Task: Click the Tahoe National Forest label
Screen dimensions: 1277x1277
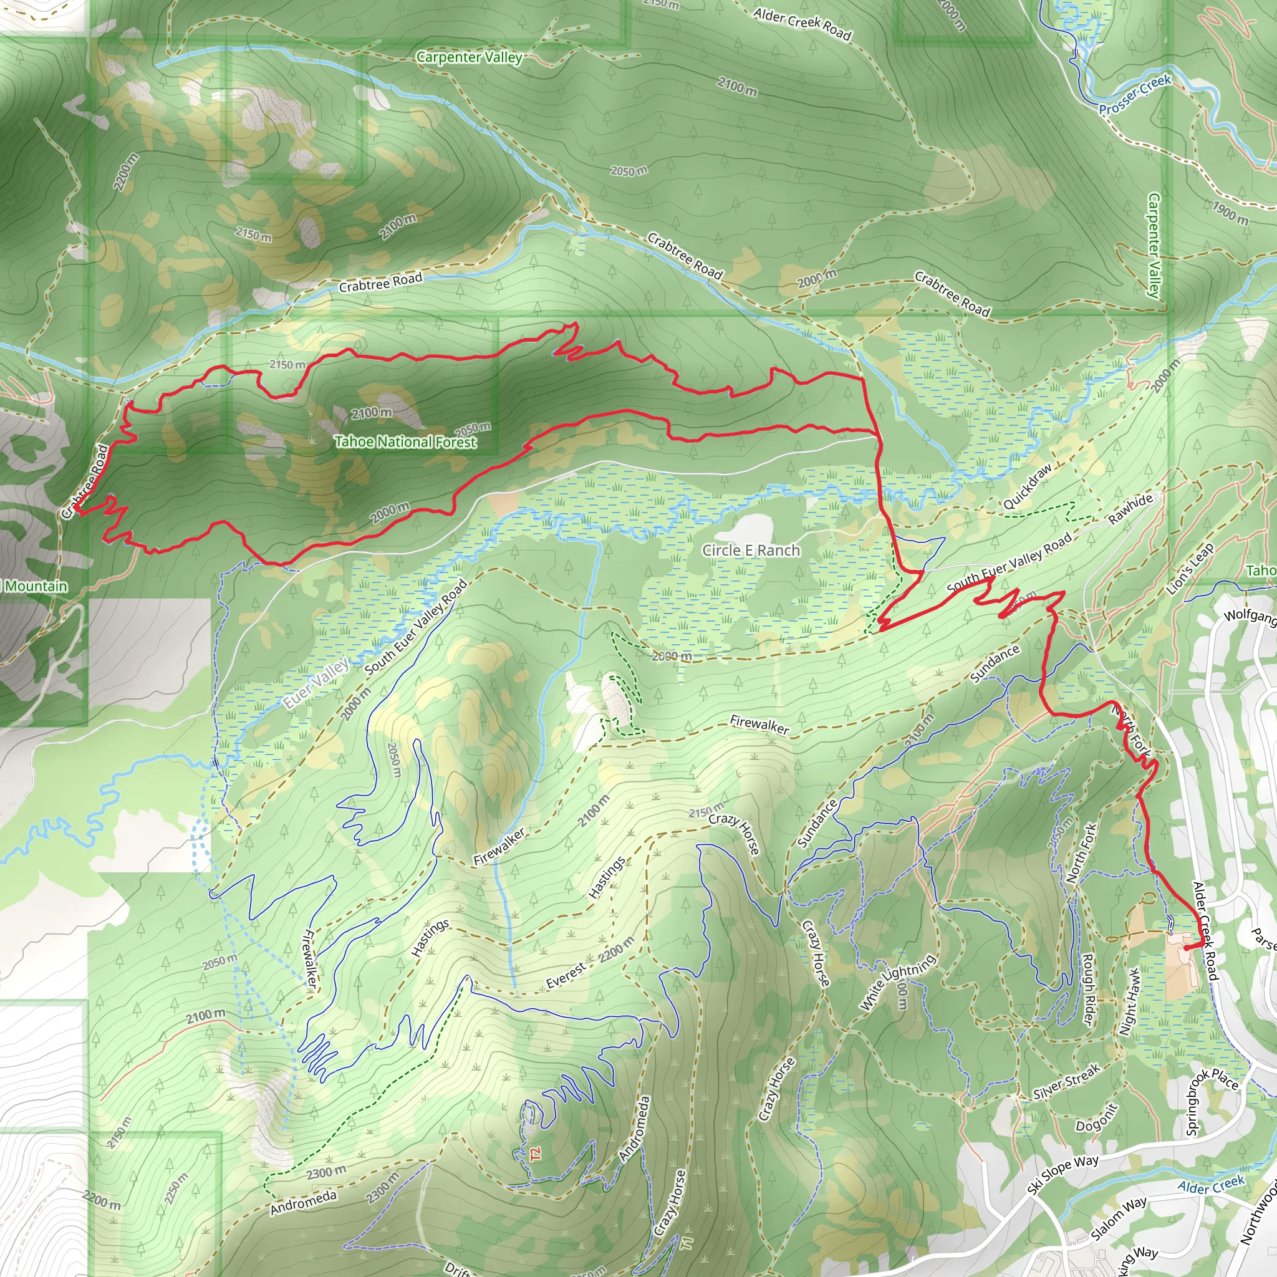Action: coord(405,441)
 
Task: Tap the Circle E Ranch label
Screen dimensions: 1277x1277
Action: coord(751,551)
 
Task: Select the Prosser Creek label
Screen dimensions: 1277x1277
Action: coord(1135,95)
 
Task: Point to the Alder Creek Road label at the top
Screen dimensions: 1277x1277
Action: coord(802,23)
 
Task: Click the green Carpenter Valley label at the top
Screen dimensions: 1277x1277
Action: coord(470,57)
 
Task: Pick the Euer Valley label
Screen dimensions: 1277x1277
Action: coord(317,683)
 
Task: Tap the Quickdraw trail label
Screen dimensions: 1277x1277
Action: coord(1027,486)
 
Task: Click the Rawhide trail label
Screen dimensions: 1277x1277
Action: coord(1130,509)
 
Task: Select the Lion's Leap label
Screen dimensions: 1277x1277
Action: coord(1190,569)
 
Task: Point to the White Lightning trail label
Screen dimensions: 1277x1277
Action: coord(898,982)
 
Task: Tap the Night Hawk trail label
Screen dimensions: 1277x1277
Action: coord(1130,1002)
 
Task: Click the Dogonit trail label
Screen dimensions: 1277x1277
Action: coord(1097,1118)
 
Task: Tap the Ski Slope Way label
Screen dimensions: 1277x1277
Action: coord(1063,1174)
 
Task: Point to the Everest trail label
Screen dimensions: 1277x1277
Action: coord(566,976)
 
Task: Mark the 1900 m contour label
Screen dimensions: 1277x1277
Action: coord(1230,213)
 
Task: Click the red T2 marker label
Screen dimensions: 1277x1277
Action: coord(536,1154)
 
